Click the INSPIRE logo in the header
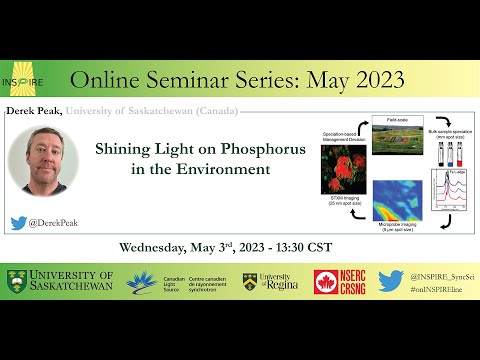29,78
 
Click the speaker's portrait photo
43,164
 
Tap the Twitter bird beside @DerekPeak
18,223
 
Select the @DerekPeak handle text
54,223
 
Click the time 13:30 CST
306,246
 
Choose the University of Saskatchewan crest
16,282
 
